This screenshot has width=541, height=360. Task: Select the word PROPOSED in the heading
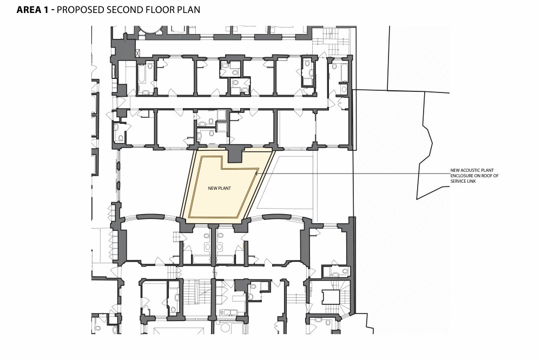[87, 10]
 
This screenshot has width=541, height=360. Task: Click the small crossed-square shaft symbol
[137, 52]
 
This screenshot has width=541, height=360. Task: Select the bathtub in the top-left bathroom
[141, 77]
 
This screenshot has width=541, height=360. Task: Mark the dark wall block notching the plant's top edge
[234, 154]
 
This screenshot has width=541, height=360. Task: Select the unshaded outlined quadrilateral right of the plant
[287, 184]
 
